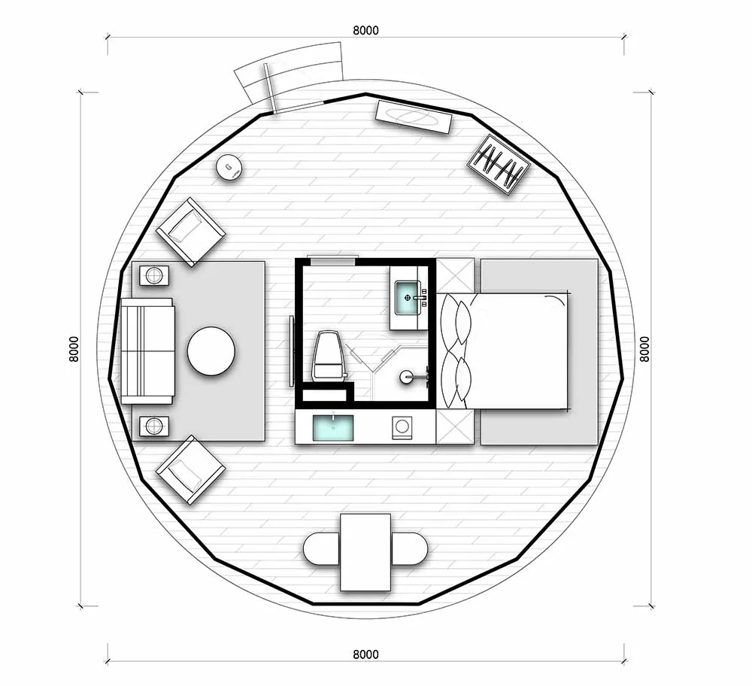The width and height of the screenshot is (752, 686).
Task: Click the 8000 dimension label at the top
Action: pos(365,30)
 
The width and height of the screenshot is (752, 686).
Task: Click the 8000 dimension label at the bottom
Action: pos(365,654)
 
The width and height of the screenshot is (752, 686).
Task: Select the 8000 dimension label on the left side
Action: pos(74,349)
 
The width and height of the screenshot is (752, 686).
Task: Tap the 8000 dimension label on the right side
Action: pos(644,349)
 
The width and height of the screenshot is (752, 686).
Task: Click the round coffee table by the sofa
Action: pos(211,351)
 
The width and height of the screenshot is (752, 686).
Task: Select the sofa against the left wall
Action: pos(147,351)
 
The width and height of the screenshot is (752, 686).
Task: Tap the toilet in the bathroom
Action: pos(328,355)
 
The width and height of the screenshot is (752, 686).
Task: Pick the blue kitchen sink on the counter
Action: pos(333,427)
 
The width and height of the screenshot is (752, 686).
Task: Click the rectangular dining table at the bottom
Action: pos(365,552)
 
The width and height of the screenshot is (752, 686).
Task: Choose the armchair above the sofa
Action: pos(190,232)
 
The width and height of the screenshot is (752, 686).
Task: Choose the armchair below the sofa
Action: pos(190,469)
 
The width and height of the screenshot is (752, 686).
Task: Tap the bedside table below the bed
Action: pos(455,426)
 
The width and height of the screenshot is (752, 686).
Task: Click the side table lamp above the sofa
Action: pos(154,275)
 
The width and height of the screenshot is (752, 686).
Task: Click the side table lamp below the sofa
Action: pos(154,426)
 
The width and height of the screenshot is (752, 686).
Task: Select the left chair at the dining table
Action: pos(322,548)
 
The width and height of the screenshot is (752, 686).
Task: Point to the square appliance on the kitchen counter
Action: pos(402,427)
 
